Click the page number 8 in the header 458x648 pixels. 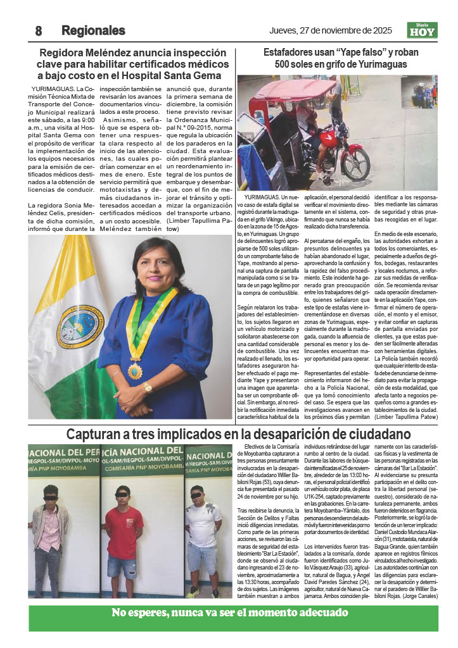pos(39,30)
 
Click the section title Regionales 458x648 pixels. pos(93,30)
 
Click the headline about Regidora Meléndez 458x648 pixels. pos(133,65)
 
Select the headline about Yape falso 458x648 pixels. pos(335,59)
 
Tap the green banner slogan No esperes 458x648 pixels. pos(229,613)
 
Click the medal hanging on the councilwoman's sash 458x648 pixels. pos(135,370)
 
